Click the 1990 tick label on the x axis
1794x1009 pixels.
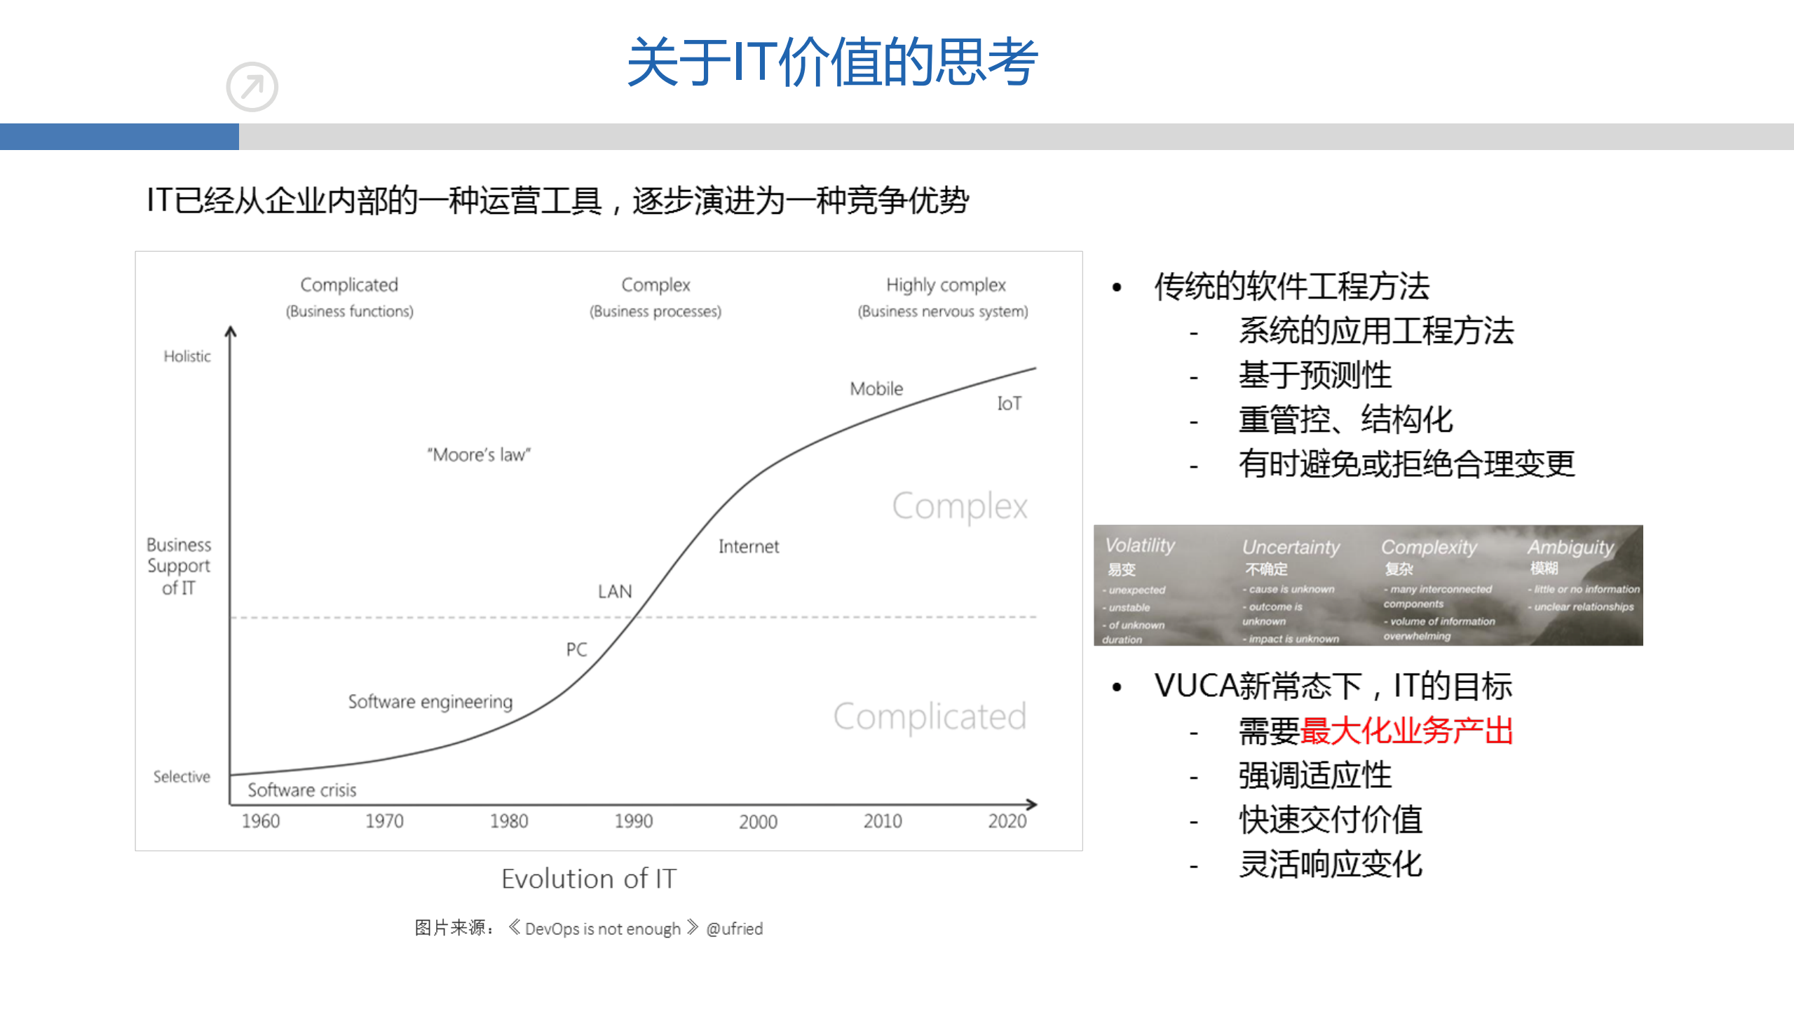pyautogui.click(x=633, y=820)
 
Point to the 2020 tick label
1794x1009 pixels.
pyautogui.click(x=1007, y=820)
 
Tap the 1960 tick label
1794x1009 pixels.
pyautogui.click(x=260, y=820)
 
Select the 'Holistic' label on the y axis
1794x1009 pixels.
pyautogui.click(x=186, y=356)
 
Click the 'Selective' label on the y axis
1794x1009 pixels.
pyautogui.click(x=182, y=776)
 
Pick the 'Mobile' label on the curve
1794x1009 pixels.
pyautogui.click(x=876, y=388)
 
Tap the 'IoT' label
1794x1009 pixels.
pyautogui.click(x=1009, y=403)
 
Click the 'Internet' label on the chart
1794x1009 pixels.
pyautogui.click(x=748, y=546)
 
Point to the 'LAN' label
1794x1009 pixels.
pyautogui.click(x=614, y=591)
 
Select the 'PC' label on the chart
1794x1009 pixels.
pyautogui.click(x=576, y=649)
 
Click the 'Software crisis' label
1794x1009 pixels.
pyautogui.click(x=301, y=790)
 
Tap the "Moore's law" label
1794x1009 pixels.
pyautogui.click(x=479, y=454)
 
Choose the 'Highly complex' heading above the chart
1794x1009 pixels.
pyautogui.click(x=945, y=285)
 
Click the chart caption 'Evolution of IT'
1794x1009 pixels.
pyautogui.click(x=588, y=878)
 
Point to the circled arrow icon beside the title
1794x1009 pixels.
pyautogui.click(x=252, y=87)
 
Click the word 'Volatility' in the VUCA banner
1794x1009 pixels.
pyautogui.click(x=1139, y=545)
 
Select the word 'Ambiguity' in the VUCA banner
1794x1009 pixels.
pyautogui.click(x=1570, y=546)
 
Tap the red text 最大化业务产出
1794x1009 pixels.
pyautogui.click(x=1406, y=731)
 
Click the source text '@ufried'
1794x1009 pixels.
pyautogui.click(x=734, y=928)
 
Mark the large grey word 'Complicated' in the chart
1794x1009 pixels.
pyautogui.click(x=929, y=716)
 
